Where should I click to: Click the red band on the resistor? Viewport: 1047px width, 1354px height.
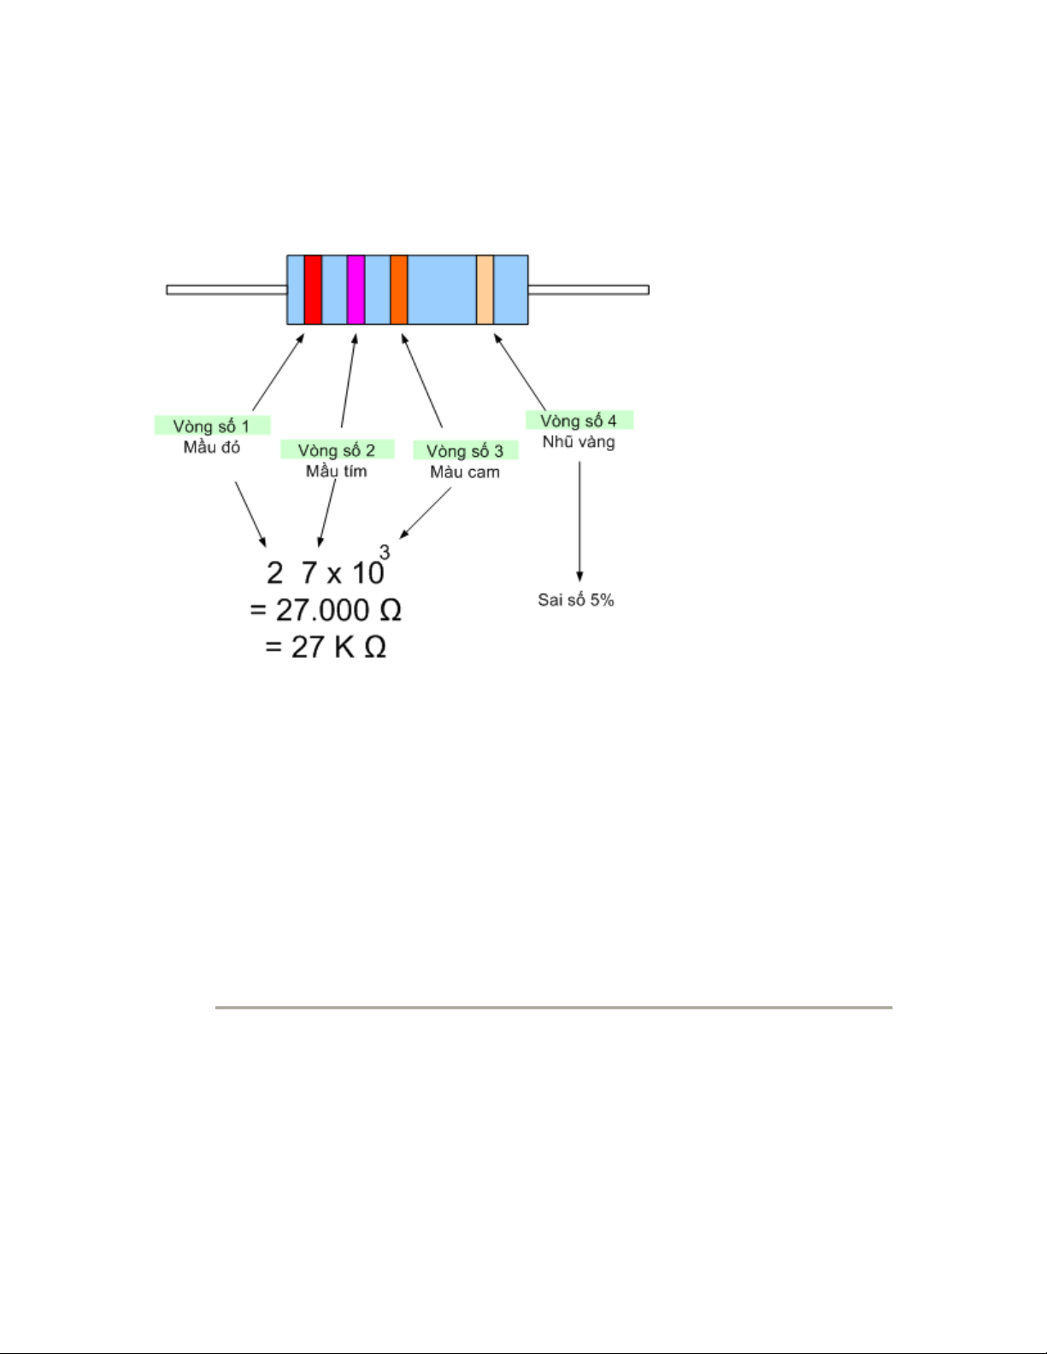click(x=313, y=290)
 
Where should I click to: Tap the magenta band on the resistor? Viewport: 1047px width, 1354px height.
click(x=356, y=290)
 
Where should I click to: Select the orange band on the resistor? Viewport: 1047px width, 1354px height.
click(x=398, y=290)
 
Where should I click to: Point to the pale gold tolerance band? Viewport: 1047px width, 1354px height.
click(x=485, y=290)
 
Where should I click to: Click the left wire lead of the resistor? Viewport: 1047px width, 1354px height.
click(x=226, y=290)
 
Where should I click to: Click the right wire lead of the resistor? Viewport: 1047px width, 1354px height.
click(x=588, y=290)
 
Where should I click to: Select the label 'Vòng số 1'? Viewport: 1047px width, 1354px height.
click(x=212, y=425)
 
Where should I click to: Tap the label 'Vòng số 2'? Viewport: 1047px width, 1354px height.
click(x=337, y=450)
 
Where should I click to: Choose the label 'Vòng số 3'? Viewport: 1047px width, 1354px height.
click(x=465, y=451)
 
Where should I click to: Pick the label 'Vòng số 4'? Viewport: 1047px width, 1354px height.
click(x=579, y=420)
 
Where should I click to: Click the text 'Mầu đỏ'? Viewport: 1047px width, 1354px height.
click(x=212, y=447)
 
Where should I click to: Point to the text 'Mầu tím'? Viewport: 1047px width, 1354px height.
click(x=337, y=471)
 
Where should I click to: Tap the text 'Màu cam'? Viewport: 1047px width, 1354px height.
click(x=465, y=472)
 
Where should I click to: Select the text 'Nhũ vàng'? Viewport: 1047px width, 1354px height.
click(x=579, y=442)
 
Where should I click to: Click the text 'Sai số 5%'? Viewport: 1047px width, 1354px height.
click(x=576, y=600)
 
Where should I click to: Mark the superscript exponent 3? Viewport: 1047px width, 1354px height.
click(x=385, y=553)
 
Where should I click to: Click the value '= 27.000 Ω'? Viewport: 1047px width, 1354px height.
click(x=326, y=610)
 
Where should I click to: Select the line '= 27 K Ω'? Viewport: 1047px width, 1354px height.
click(x=326, y=647)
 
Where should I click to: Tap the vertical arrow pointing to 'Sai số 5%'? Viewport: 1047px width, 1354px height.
click(x=579, y=521)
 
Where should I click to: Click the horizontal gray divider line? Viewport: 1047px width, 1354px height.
click(x=553, y=1007)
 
